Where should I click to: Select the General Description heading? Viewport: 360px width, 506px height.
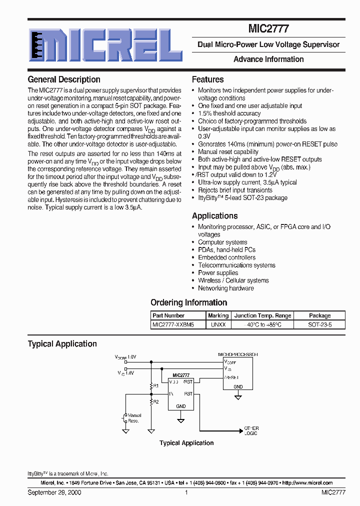[x=64, y=79]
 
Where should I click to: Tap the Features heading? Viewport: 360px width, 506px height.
[x=207, y=79]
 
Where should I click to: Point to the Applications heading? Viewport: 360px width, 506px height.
[x=214, y=216]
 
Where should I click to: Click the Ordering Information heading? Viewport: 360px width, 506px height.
[x=188, y=302]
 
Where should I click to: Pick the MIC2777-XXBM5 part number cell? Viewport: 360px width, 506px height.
[x=173, y=324]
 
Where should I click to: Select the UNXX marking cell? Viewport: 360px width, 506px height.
[x=218, y=324]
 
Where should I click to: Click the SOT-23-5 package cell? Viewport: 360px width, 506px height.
[x=319, y=324]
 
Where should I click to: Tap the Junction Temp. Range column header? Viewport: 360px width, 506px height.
[x=262, y=315]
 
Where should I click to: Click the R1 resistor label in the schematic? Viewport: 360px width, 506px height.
[x=156, y=385]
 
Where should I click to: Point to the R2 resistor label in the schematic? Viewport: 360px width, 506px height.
[x=156, y=401]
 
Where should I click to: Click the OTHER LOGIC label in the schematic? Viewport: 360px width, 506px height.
[x=251, y=431]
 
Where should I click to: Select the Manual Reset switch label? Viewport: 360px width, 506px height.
[x=134, y=418]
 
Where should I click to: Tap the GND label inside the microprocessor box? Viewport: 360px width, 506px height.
[x=238, y=386]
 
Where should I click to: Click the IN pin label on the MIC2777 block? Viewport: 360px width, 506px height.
[x=171, y=394]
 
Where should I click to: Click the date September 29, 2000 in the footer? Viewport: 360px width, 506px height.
[x=54, y=492]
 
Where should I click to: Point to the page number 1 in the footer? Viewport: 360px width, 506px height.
[x=186, y=492]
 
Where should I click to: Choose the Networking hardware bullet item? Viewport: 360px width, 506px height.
[x=225, y=288]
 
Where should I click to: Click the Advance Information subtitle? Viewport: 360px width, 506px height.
[x=268, y=59]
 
